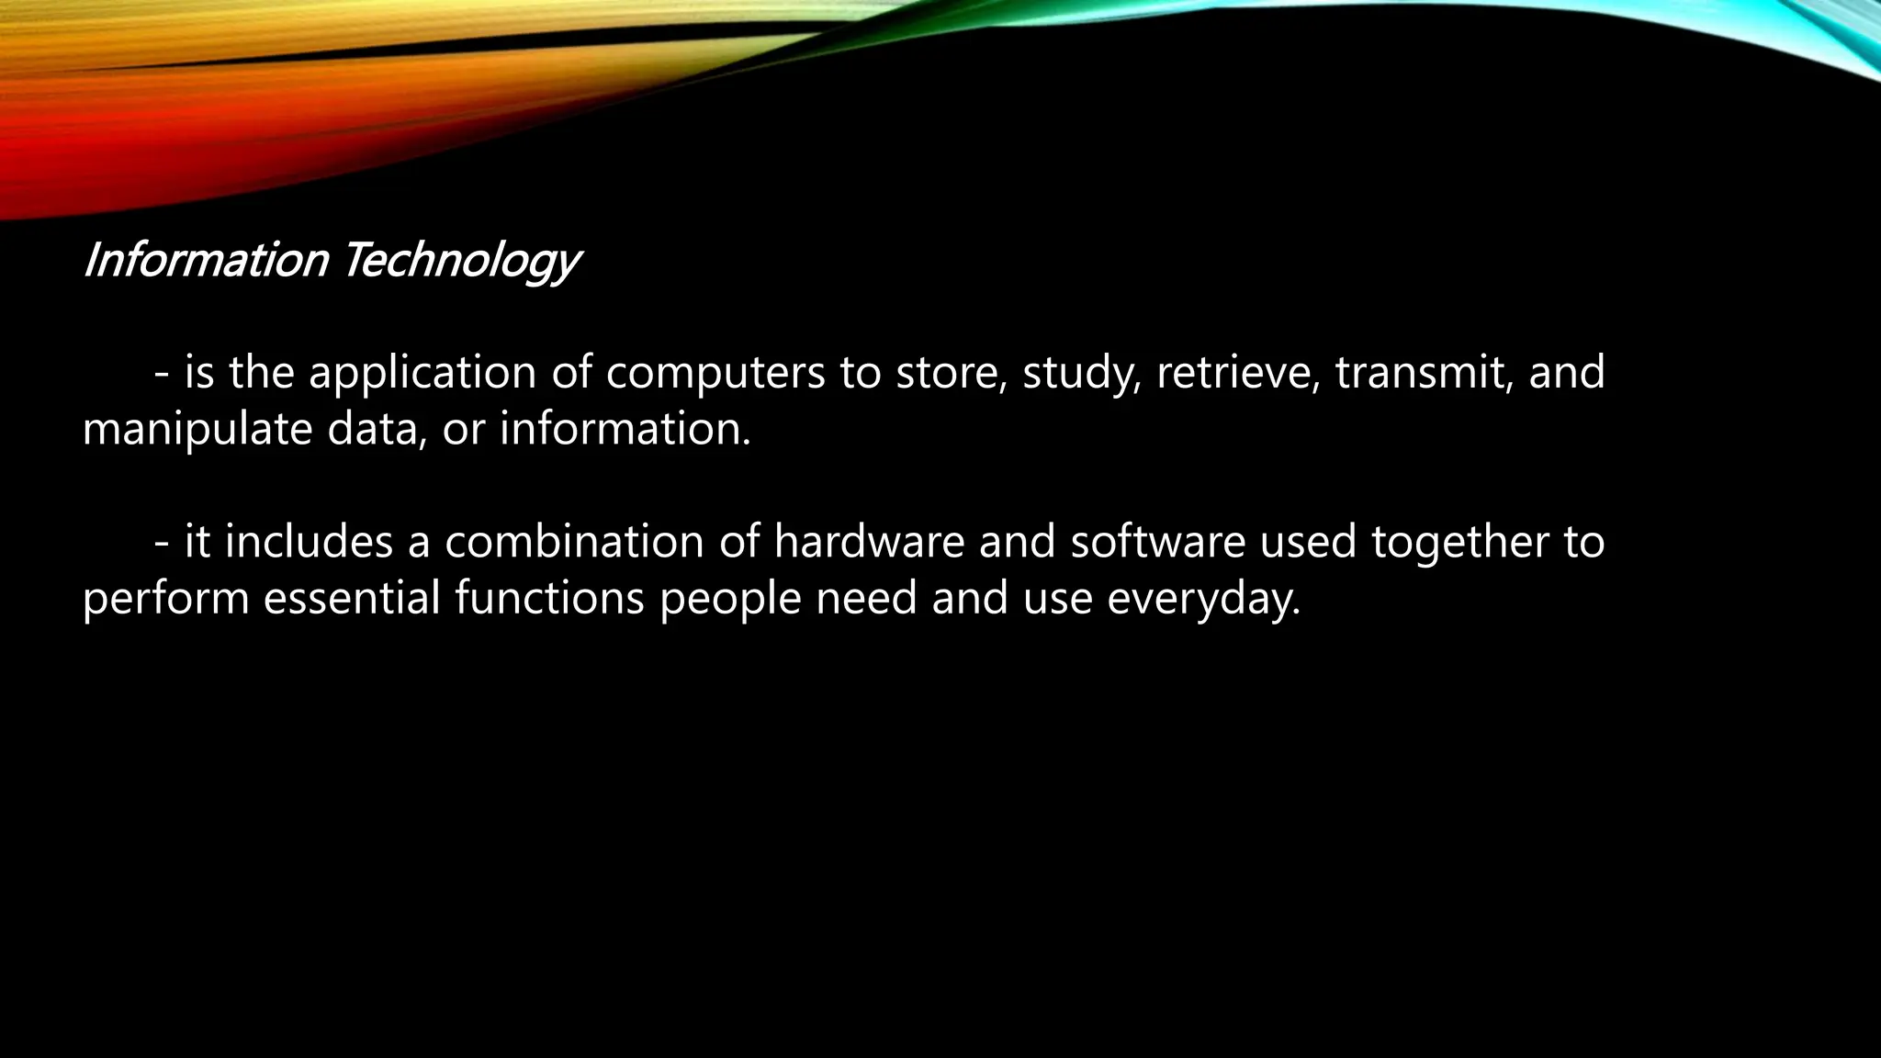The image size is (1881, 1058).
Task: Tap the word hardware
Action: (869, 541)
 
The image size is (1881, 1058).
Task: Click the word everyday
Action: (1203, 600)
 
